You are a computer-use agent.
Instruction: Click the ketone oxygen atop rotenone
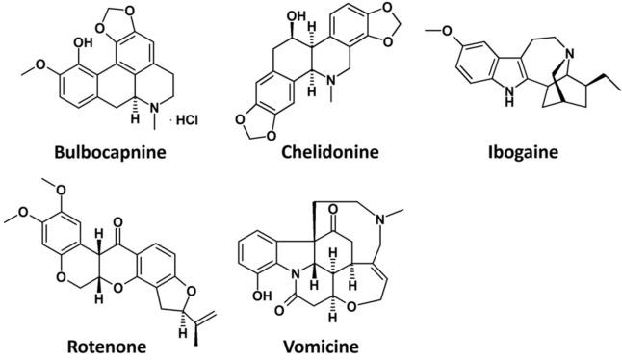coord(118,207)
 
